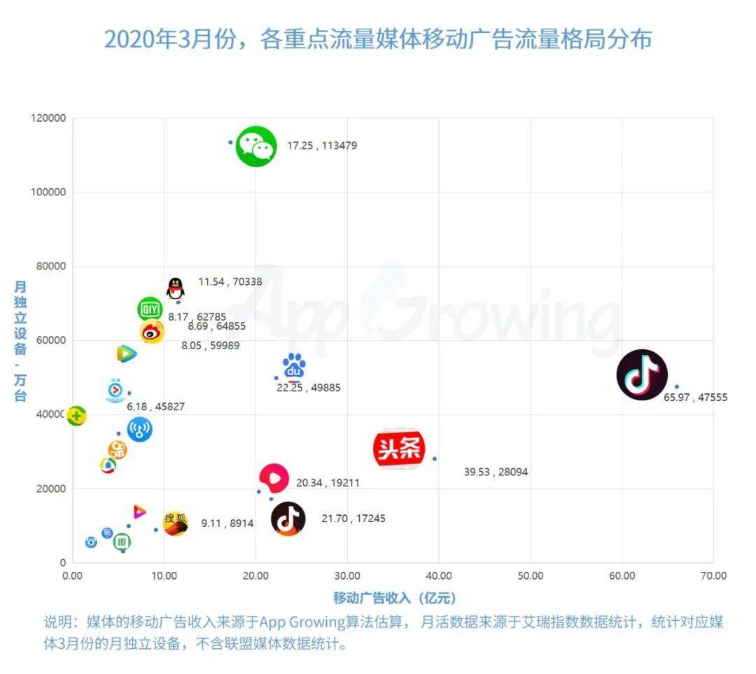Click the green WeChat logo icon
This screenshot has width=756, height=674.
[257, 146]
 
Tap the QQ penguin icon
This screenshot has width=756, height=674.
[175, 288]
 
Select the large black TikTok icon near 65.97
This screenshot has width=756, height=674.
[642, 375]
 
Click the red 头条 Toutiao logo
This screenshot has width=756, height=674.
[399, 449]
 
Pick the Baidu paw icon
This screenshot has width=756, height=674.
[294, 367]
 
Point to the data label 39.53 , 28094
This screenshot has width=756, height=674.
[496, 472]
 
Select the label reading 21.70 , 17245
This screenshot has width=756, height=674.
[353, 519]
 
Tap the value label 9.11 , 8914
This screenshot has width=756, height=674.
[227, 523]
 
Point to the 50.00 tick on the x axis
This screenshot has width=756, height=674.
[530, 576]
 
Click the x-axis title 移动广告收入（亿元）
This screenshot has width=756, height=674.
[394, 598]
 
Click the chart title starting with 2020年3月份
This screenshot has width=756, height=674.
[378, 39]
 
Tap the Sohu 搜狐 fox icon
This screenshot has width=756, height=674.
[175, 523]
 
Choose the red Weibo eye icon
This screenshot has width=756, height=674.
[152, 332]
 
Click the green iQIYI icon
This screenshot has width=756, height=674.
[149, 309]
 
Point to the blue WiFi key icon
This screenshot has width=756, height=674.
[139, 430]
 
